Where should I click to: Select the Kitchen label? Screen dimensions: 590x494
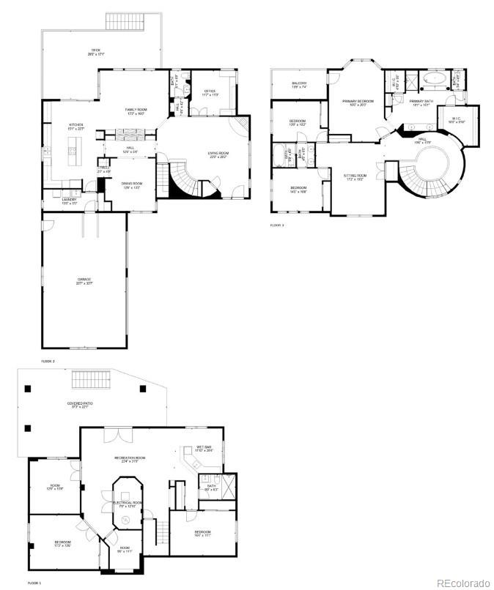(76, 127)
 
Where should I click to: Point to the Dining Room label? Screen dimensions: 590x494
(132, 184)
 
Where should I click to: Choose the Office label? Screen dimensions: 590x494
(210, 92)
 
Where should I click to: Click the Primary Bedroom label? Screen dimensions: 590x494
(358, 102)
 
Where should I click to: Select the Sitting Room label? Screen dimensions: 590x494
(355, 177)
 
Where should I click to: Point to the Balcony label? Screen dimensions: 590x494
(299, 85)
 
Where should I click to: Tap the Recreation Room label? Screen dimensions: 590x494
(130, 459)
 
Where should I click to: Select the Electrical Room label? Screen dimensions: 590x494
(126, 504)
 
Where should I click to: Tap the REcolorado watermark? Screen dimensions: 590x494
(462, 582)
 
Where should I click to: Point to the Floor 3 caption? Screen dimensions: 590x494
(277, 225)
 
